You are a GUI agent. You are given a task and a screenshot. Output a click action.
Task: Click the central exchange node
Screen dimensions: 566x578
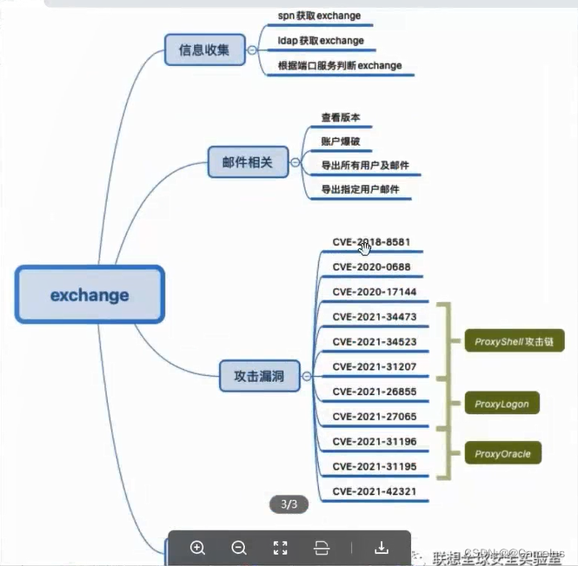[x=90, y=295]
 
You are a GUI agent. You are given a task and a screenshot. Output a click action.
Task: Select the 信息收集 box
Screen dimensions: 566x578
[x=204, y=50]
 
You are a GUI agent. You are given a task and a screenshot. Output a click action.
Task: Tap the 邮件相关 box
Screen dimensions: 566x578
[x=248, y=162]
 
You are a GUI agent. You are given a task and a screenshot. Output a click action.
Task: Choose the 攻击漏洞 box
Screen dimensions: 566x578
[x=259, y=377]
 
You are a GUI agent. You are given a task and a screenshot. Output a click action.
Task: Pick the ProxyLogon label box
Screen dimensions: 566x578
[x=502, y=404]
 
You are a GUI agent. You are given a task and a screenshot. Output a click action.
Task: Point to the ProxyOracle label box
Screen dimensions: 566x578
[x=502, y=453]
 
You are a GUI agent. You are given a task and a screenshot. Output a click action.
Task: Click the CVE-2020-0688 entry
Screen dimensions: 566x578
[x=371, y=267]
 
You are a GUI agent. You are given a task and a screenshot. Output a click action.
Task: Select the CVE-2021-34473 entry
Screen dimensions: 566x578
[x=374, y=317]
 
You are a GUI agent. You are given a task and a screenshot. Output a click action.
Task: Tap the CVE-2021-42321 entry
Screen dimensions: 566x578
[x=374, y=491]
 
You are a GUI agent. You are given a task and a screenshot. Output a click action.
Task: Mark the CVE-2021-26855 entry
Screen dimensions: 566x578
[x=374, y=392]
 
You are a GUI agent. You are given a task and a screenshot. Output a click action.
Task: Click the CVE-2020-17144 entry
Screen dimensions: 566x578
[x=374, y=292]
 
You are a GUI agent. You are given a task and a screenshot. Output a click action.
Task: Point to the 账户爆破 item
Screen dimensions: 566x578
[x=341, y=141]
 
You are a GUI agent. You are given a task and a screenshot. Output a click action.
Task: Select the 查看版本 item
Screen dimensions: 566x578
[x=341, y=117]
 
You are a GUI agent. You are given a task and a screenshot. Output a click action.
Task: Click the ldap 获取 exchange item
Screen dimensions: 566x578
[x=321, y=41]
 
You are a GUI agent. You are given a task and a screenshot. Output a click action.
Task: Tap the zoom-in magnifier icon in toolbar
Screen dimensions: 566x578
[x=197, y=548]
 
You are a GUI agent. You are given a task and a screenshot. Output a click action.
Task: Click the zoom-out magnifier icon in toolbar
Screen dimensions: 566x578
[x=239, y=548]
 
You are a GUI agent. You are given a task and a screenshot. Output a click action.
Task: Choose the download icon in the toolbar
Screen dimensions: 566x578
[x=381, y=548]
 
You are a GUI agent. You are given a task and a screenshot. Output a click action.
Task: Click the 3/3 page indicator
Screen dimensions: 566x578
[x=289, y=503]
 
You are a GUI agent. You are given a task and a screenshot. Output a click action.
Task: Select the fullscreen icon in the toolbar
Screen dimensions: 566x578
[x=280, y=548]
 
